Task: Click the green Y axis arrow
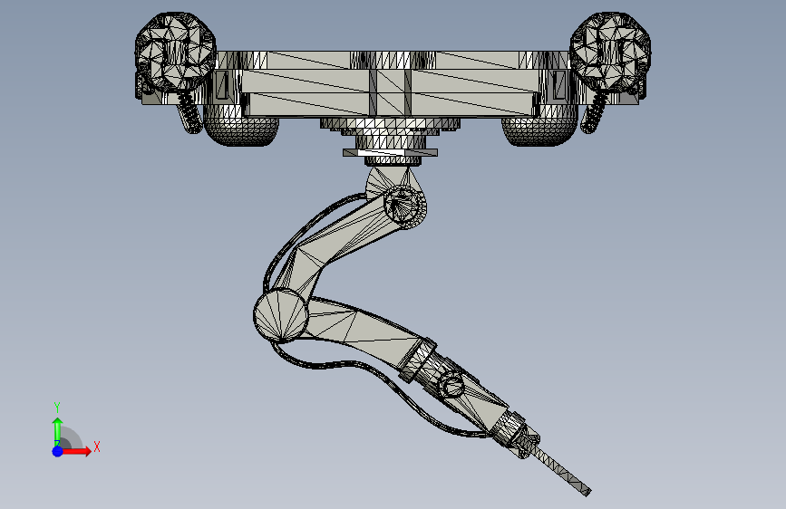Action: [x=57, y=431]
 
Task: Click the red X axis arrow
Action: [x=76, y=451]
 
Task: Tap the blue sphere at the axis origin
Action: [x=58, y=451]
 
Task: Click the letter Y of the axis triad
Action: [x=57, y=407]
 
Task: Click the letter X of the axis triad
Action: [x=97, y=447]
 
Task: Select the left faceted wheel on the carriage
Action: [x=176, y=51]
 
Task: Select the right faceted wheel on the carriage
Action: [x=610, y=51]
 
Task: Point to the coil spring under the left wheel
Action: [x=188, y=113]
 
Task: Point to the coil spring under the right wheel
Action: [x=595, y=113]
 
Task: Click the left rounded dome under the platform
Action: [x=240, y=131]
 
